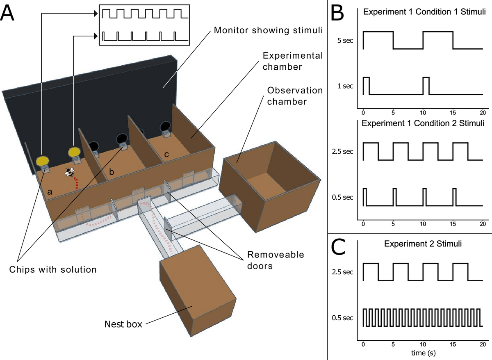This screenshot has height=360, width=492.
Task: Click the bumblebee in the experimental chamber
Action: pos(69,173)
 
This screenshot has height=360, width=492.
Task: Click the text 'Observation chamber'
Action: pos(295,96)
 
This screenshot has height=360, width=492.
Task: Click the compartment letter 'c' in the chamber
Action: pos(166,154)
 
